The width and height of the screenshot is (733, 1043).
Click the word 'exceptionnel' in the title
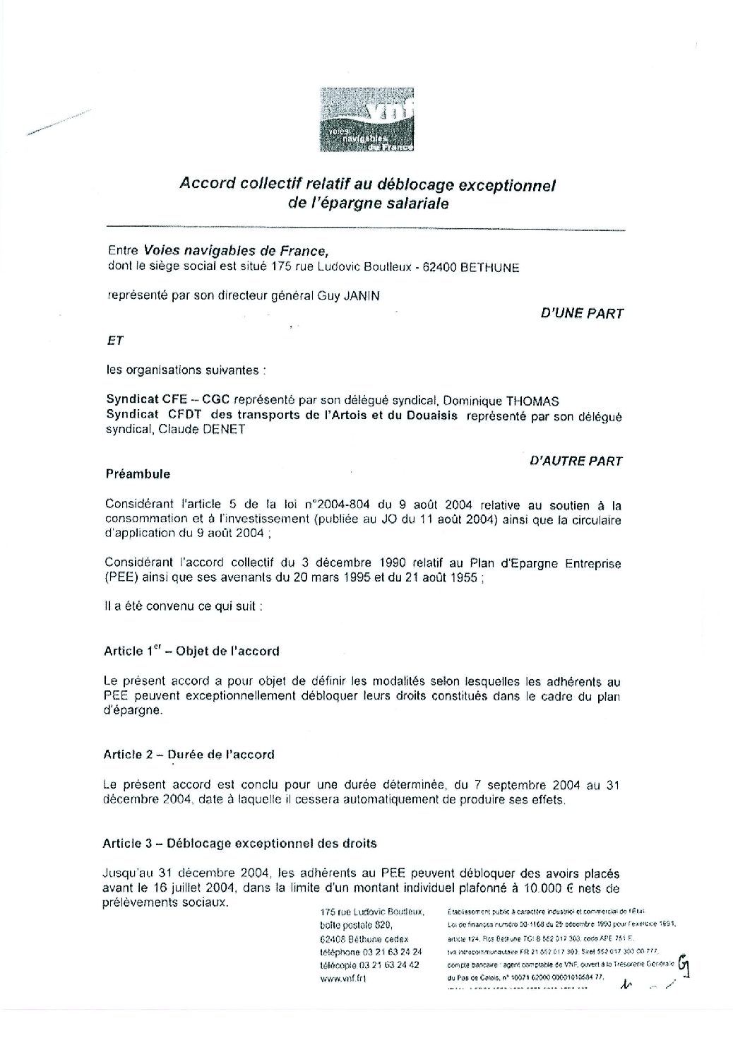pos(508,186)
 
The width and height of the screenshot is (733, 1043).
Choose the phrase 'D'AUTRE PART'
pos(576,461)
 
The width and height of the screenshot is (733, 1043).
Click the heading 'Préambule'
pos(137,474)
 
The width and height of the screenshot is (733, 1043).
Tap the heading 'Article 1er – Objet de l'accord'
pos(191,652)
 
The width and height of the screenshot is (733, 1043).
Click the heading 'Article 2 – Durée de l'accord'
pos(189,755)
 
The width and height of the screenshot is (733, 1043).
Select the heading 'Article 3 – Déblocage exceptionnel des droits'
pos(239,843)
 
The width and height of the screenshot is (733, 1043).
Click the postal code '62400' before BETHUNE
pos(441,268)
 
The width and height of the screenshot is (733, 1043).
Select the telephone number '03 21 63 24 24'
pos(391,952)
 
